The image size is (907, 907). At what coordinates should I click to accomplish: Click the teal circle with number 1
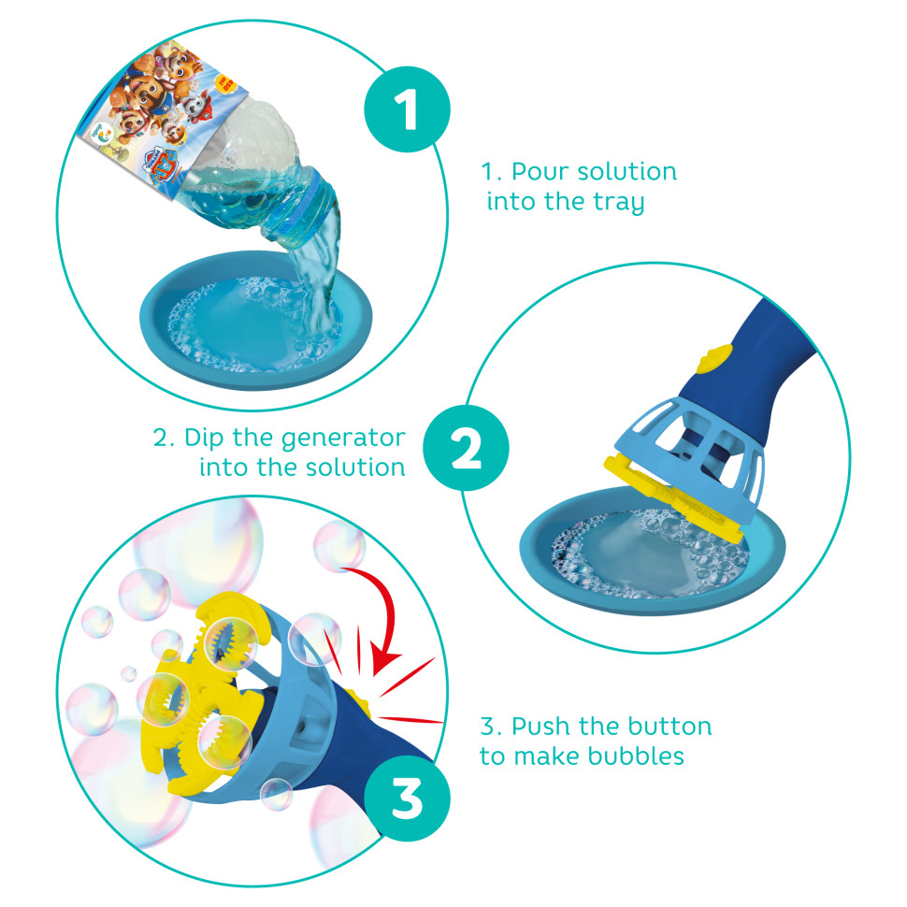[x=407, y=109]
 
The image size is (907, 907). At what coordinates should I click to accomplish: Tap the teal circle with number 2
[x=466, y=448]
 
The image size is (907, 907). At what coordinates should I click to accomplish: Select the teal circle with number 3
[x=408, y=799]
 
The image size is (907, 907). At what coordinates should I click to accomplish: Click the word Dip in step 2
[x=204, y=439]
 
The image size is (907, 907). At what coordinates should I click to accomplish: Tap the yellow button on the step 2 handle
[x=714, y=359]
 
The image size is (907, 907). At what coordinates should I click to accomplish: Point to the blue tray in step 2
[x=653, y=550]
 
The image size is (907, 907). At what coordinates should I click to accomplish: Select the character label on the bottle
[x=162, y=116]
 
